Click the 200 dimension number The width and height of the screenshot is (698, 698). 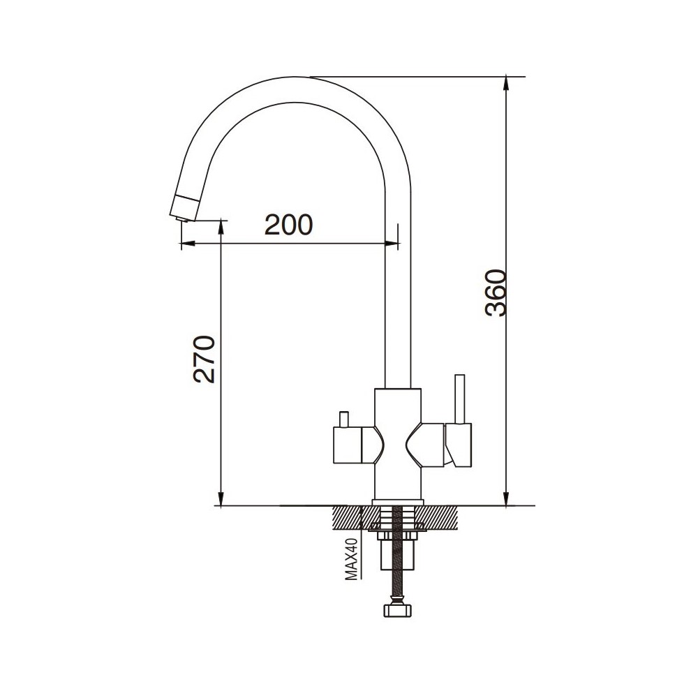[x=288, y=225]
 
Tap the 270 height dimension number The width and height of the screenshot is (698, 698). [x=204, y=359]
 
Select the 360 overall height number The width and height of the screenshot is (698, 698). [x=496, y=292]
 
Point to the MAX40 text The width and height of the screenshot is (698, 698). [x=352, y=559]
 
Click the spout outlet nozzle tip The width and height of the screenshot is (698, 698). [x=181, y=217]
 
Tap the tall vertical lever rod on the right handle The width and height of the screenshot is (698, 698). [x=459, y=399]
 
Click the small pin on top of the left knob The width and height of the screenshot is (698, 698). [x=343, y=419]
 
